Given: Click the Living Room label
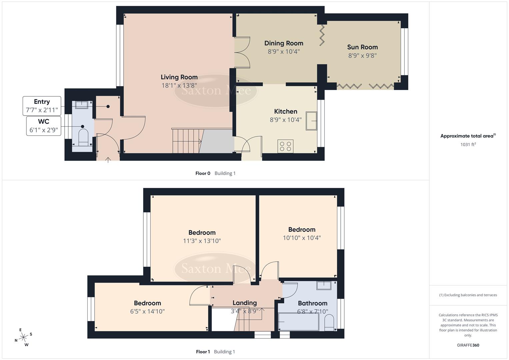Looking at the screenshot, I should click(179, 77).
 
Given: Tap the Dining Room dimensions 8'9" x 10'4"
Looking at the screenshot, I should click(284, 52).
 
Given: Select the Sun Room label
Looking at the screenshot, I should click(362, 47).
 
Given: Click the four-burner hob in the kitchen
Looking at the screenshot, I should click(285, 146).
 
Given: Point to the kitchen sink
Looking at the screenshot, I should click(312, 120).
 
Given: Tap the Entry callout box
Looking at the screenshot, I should click(42, 106).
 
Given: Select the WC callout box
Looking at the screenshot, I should click(44, 126).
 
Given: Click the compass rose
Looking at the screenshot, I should click(23, 337).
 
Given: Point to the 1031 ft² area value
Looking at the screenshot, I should click(468, 145).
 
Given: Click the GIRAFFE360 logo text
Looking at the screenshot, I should click(468, 345).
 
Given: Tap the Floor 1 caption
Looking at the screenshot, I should click(203, 352).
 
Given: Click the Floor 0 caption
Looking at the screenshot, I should click(203, 173).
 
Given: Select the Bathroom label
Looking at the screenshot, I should click(312, 303).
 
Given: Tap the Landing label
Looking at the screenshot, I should click(244, 303).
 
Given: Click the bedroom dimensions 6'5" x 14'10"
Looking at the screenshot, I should click(147, 311).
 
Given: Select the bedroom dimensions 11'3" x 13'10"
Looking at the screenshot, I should click(202, 241).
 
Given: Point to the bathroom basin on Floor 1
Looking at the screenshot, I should click(323, 285).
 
